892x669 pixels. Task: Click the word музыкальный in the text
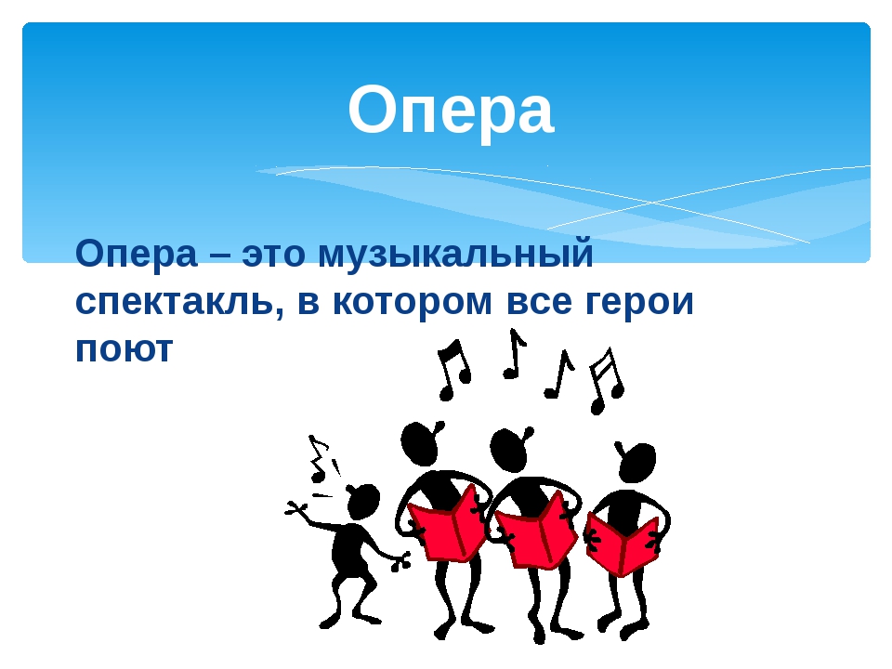point(454,254)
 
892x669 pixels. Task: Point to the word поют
point(124,349)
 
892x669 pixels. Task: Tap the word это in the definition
point(276,254)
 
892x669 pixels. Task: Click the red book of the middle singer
point(537,531)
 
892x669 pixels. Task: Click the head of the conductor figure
point(362,502)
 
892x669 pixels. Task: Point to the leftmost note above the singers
point(453,369)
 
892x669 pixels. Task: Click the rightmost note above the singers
point(605,379)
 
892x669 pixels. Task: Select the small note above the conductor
point(319,460)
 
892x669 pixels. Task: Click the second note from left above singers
point(513,354)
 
